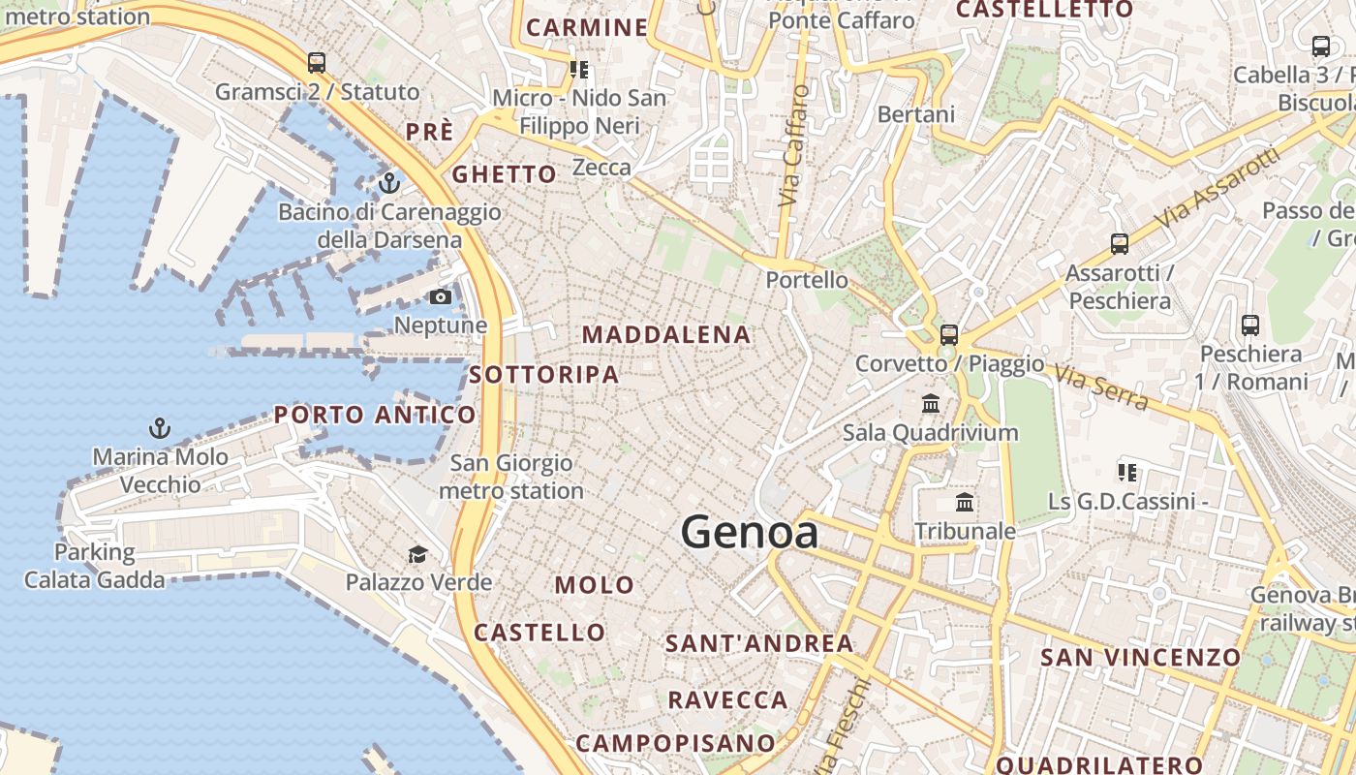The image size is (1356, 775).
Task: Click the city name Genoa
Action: pos(749,532)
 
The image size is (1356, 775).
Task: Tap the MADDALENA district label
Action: pos(666,335)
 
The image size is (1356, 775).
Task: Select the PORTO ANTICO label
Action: pos(375,416)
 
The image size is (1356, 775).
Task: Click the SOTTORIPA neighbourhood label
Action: pos(543,375)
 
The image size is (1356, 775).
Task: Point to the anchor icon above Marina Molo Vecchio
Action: pos(160,427)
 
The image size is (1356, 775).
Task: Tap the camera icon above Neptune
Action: pos(441,296)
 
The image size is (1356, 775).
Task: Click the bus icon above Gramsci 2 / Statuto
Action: pos(317,63)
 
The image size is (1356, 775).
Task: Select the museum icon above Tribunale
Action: pos(965,502)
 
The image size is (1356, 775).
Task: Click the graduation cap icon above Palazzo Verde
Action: pos(417,554)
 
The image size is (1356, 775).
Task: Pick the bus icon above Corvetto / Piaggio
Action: pos(949,335)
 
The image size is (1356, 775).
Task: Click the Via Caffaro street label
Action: pos(793,145)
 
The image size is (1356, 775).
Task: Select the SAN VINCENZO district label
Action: pos(1140,658)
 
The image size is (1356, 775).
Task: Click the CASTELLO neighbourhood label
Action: pos(539,634)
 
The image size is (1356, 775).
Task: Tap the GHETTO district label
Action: pos(505,175)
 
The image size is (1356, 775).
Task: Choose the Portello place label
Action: pos(807,281)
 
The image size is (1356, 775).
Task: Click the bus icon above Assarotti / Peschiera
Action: pos(1120,244)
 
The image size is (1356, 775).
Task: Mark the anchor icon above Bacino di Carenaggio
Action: pos(389,182)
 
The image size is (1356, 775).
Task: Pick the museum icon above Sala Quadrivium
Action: pos(931,403)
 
